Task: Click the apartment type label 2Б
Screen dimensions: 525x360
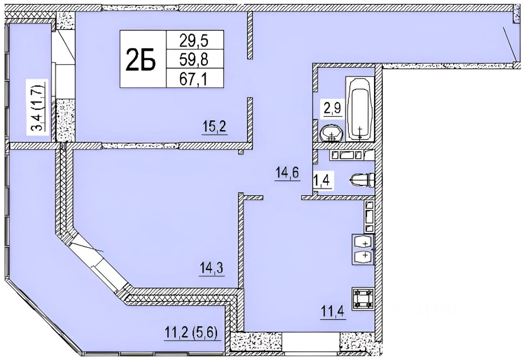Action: (x=141, y=59)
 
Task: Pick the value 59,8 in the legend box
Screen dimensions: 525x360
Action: (x=194, y=60)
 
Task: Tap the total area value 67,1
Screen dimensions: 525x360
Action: (x=193, y=79)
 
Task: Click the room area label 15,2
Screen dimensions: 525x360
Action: (x=215, y=127)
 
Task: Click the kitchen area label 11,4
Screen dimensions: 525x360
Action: (x=333, y=312)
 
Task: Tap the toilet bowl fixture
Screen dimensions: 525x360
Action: (x=362, y=181)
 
